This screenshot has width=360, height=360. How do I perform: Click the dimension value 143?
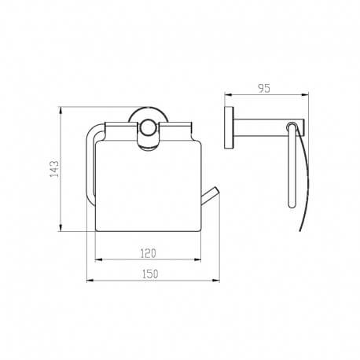point(55,169)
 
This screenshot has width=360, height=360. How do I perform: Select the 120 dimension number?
point(148,253)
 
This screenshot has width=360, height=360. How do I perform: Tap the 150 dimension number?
point(150,274)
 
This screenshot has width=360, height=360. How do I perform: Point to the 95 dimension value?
point(264,88)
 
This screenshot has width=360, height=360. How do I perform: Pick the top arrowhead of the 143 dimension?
point(61,111)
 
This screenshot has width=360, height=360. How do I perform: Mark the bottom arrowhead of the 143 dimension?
point(61,227)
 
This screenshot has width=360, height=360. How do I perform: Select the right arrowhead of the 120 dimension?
point(197,259)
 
